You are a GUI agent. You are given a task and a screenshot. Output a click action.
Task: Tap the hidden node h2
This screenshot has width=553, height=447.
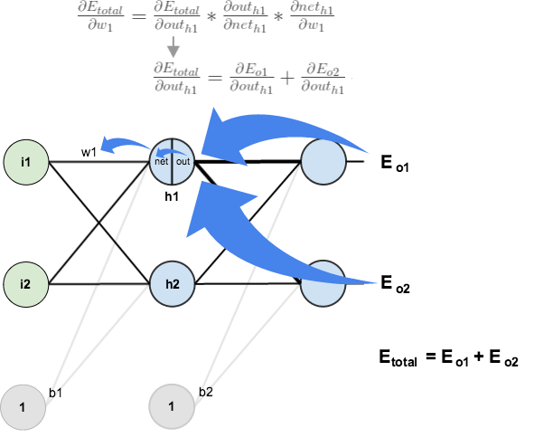pyautogui.click(x=172, y=283)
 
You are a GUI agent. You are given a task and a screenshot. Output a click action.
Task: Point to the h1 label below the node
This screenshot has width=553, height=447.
pyautogui.click(x=171, y=195)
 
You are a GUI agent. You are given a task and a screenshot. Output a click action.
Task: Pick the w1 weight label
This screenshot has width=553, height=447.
pyautogui.click(x=89, y=151)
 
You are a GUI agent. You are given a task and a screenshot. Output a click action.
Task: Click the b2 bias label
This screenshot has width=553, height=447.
pyautogui.click(x=206, y=391)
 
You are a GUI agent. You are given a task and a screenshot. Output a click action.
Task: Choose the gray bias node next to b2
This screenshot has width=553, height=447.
pyautogui.click(x=172, y=407)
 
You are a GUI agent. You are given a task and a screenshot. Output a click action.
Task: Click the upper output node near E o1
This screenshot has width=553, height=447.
pyautogui.click(x=323, y=163)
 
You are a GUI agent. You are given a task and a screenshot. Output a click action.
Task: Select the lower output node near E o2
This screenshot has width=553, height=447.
pyautogui.click(x=323, y=283)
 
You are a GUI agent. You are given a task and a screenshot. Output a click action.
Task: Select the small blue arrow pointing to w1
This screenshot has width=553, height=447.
pyautogui.click(x=125, y=145)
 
